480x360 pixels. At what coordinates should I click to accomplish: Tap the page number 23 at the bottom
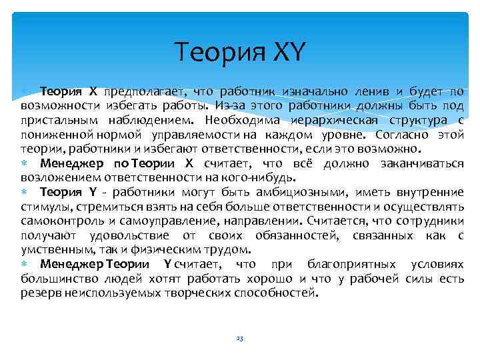pos(240,339)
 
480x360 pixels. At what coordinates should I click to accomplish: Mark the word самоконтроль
pos(58,221)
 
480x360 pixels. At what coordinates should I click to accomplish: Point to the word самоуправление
pos(163,221)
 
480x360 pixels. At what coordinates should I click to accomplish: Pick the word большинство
pos(55,279)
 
